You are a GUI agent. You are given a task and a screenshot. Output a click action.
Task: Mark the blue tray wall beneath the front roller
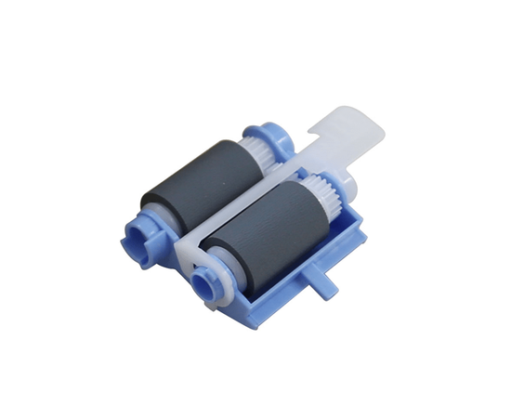coord(279,279)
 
